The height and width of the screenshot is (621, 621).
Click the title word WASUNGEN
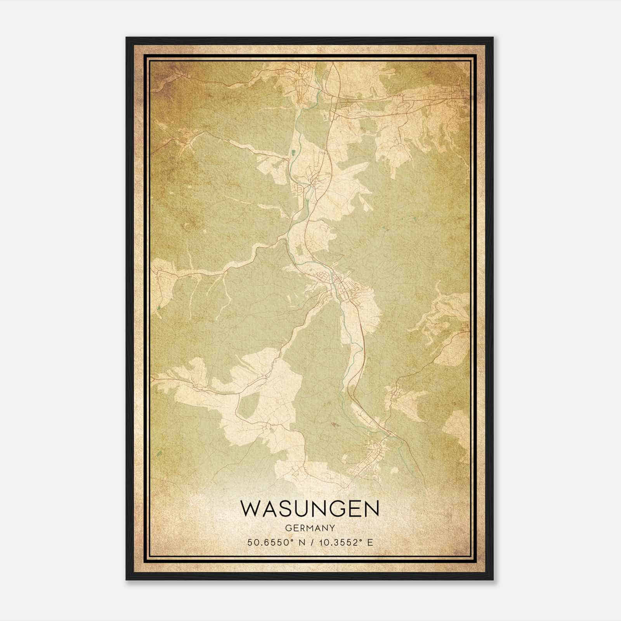point(310,508)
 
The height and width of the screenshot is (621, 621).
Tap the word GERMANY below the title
point(310,528)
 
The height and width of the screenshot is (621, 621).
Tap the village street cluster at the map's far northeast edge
point(454,93)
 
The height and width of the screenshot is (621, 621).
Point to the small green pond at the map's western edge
point(159,309)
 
